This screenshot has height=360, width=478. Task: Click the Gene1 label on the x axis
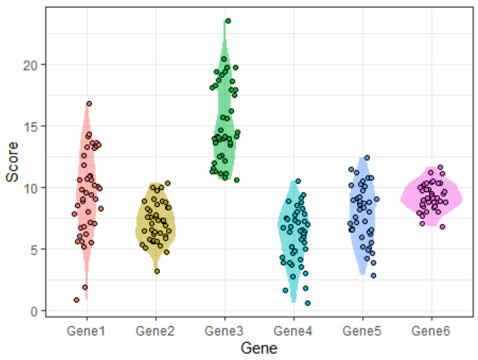point(86,331)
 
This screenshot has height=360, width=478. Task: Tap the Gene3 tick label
point(225,331)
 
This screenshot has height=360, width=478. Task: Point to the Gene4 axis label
point(293,331)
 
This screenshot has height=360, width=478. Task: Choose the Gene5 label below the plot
point(363,331)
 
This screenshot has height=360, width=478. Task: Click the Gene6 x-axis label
point(432,331)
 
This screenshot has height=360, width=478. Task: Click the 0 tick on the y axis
point(35,311)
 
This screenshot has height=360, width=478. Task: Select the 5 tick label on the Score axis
point(35,250)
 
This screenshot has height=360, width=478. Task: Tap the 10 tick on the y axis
point(32,188)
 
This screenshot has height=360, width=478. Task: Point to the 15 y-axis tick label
point(32,126)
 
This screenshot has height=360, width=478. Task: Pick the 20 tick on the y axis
point(32,64)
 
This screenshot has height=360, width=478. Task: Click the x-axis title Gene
point(259,348)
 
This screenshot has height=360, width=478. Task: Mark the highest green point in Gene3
point(228,21)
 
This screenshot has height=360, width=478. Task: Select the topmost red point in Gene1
point(89,104)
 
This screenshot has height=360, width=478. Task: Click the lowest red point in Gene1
point(76,300)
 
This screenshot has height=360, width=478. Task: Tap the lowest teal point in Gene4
point(307,303)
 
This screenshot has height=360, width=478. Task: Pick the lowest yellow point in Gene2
point(157,271)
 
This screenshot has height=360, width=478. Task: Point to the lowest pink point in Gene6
point(442,226)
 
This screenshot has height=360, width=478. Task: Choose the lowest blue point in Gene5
point(374,275)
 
